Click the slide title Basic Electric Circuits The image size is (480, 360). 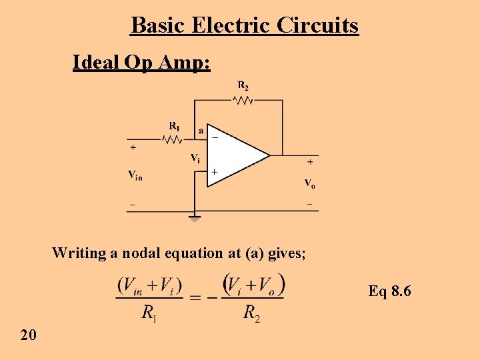coord(245,25)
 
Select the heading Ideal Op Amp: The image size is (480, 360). coord(141,63)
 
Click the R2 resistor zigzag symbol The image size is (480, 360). coord(243,101)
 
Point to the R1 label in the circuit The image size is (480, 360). coord(174,125)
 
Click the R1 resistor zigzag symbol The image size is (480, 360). coord(173,139)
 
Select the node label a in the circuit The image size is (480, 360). coord(201,131)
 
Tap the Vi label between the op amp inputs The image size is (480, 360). coord(195,158)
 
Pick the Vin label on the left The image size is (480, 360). coord(135,175)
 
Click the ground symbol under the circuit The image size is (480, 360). coord(195,216)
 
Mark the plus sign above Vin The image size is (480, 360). coord(133,147)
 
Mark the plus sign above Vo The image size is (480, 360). coord(310,161)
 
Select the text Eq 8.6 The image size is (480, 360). coord(390,291)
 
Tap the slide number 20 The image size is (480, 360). coord(28,335)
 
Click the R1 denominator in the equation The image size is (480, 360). coord(149,312)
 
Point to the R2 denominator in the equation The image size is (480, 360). coord(251,312)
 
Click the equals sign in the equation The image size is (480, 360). coord(196,297)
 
